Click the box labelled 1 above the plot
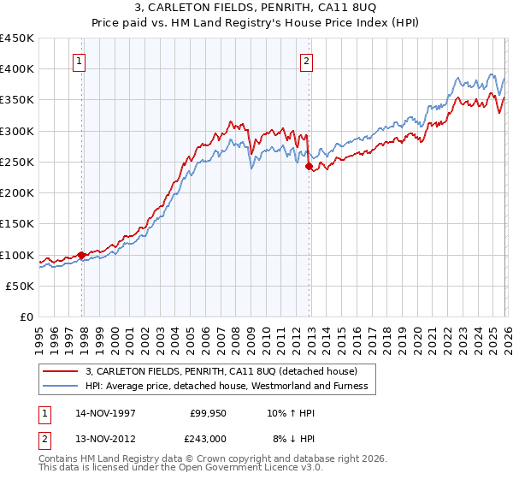coord(79,60)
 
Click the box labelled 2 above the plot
coord(306,60)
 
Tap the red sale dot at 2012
coord(309,167)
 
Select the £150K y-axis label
coord(17,224)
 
